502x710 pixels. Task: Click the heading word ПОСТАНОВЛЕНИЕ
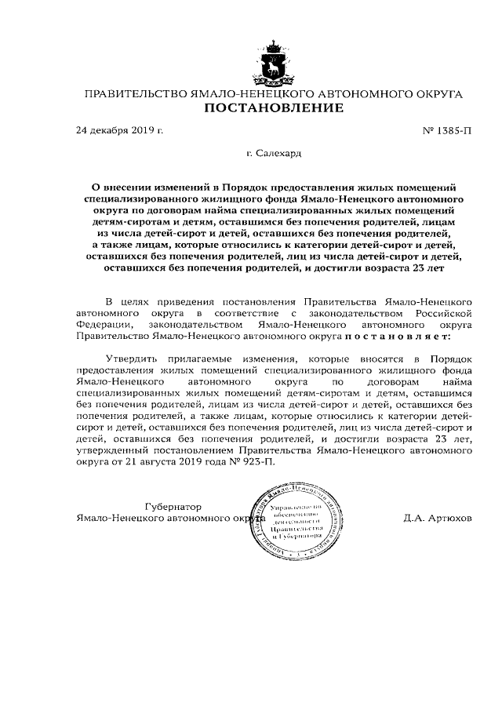274,108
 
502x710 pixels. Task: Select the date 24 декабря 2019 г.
119,129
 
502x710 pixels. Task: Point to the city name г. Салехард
273,155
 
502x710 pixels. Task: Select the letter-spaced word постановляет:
395,336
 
